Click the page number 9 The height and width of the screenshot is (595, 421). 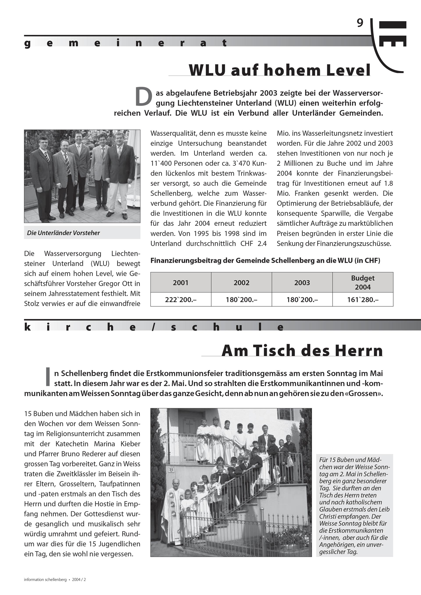(x=360, y=23)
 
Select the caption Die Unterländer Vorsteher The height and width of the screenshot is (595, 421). (x=64, y=233)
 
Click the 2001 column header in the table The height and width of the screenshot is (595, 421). (x=180, y=282)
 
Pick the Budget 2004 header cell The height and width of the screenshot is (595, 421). (x=363, y=282)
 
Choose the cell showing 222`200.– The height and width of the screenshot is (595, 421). (x=180, y=300)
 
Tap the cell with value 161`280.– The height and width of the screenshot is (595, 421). (x=363, y=300)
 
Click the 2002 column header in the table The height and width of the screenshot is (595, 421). (x=241, y=282)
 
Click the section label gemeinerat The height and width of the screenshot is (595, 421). (x=126, y=43)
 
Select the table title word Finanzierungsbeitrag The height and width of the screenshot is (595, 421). (x=186, y=260)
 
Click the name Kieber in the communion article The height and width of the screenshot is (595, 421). (x=130, y=444)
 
